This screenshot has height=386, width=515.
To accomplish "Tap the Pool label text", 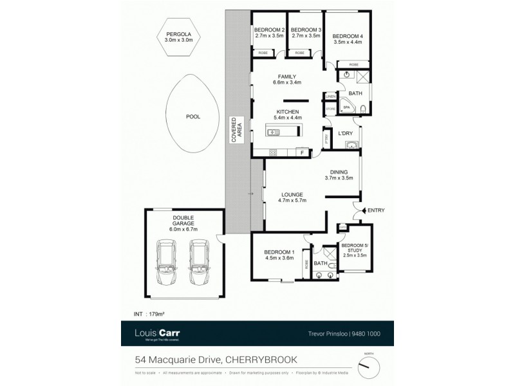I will [192, 116].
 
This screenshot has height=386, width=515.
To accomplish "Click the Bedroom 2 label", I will [269, 30].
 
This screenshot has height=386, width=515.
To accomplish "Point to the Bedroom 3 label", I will [306, 30].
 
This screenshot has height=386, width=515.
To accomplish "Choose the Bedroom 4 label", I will [348, 36].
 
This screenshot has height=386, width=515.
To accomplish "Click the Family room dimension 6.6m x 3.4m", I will [287, 83].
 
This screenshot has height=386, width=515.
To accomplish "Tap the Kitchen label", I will [287, 112].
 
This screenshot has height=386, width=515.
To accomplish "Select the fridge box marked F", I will [300, 152].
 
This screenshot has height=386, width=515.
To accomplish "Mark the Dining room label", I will [339, 172].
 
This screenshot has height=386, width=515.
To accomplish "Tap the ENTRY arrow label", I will [375, 210].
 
